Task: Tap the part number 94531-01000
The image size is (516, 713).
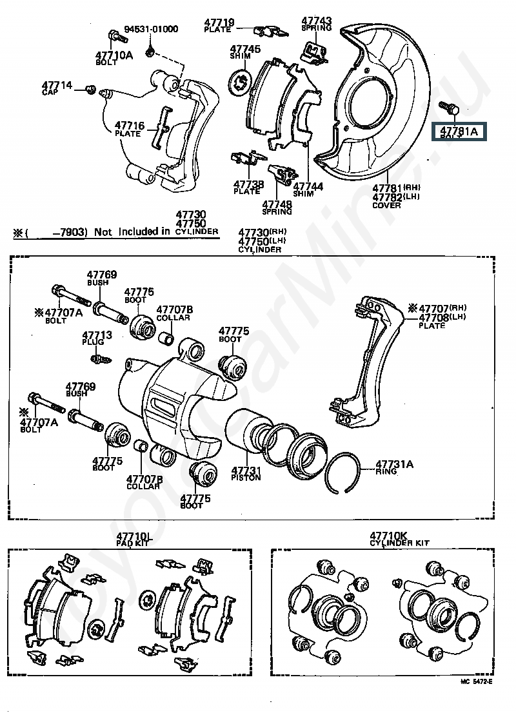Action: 151,29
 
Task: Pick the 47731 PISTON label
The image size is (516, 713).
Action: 246,473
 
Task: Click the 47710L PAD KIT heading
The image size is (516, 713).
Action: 134,539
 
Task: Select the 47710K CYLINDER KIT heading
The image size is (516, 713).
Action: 399,539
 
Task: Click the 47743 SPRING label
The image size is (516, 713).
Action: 316,24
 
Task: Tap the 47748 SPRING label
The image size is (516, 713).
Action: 277,208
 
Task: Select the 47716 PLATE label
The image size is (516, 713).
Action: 130,129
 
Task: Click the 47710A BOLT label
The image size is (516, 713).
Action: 114,58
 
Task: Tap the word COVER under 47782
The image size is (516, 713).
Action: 386,205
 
